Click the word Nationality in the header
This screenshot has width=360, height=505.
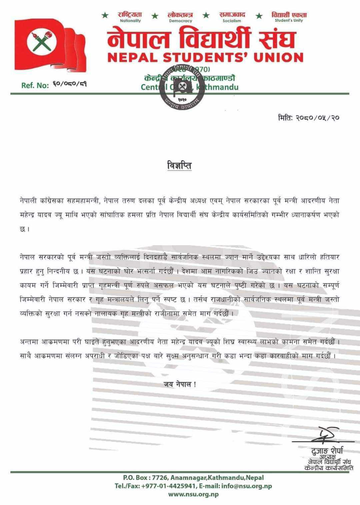click(x=130, y=21)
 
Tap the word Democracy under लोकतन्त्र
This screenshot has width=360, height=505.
click(x=181, y=21)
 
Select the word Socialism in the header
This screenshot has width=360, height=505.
click(x=232, y=21)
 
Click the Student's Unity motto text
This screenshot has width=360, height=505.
click(x=289, y=21)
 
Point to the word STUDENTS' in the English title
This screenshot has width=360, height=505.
click(x=205, y=58)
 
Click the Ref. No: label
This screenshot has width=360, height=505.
click(x=35, y=85)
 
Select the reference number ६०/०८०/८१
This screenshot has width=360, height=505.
click(x=69, y=85)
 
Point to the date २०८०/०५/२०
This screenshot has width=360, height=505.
click(x=320, y=118)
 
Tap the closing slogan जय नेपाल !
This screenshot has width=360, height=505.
click(x=180, y=384)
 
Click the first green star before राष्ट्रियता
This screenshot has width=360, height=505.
click(x=105, y=15)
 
